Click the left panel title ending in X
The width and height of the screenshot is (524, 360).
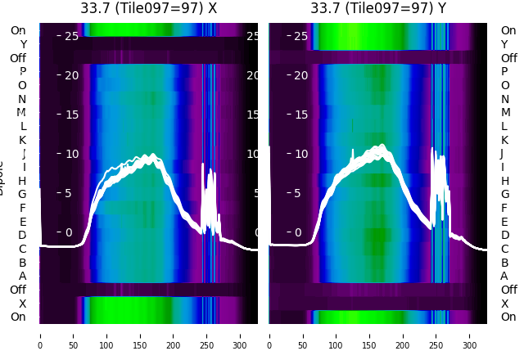148,8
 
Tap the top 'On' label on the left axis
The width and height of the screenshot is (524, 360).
18,30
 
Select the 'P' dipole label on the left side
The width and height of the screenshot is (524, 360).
22,72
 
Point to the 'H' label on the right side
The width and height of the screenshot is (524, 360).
504,181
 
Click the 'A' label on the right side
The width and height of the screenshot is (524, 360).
504,277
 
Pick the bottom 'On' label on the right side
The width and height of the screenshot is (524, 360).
508,317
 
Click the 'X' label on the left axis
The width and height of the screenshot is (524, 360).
22,304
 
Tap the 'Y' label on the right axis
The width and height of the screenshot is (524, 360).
504,44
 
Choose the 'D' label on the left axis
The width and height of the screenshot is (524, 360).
22,236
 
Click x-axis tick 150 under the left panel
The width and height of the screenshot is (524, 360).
140,335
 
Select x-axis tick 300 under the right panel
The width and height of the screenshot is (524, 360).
470,335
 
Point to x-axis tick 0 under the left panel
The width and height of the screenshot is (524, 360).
40,335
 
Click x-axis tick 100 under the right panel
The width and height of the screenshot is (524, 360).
337,335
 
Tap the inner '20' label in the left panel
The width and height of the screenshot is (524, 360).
71,75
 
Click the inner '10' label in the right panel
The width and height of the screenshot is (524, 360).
301,154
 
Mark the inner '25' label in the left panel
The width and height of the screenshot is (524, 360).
71,36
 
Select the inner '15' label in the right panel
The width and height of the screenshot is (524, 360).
301,115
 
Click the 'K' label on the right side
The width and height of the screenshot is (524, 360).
504,140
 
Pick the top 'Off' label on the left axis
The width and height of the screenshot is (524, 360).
18,58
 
